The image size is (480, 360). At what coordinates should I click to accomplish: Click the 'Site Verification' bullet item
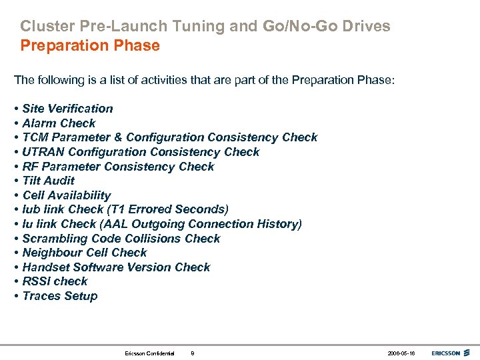67,109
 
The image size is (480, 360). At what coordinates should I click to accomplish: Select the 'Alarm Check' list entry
59,123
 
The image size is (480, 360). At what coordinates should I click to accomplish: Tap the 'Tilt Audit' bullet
48,181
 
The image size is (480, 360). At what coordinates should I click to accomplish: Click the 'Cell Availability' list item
66,195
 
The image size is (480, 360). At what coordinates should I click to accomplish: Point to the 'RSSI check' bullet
55,281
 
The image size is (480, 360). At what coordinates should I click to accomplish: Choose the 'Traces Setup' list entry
59,296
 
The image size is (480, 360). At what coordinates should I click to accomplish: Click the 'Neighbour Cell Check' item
84,253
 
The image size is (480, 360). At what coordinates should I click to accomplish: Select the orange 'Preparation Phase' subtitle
90,46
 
